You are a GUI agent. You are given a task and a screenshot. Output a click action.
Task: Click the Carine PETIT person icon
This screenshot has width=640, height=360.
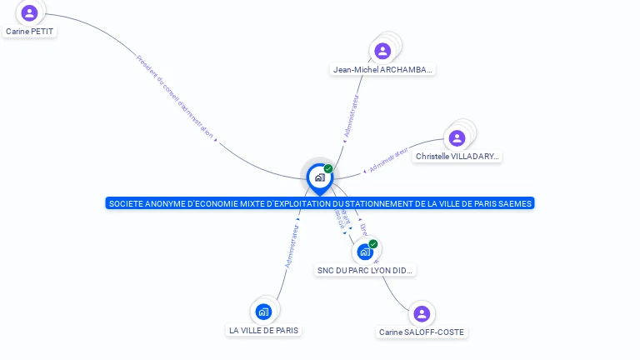pyautogui.click(x=30, y=12)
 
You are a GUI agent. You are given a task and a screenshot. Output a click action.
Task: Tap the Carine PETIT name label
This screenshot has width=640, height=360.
pyautogui.click(x=30, y=32)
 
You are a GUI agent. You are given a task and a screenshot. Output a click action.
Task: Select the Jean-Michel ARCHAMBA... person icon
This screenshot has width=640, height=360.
pyautogui.click(x=382, y=51)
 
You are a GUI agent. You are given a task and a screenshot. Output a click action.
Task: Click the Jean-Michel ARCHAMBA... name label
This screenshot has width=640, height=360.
pyautogui.click(x=383, y=70)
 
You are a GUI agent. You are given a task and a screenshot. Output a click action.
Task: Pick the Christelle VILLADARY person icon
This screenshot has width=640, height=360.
pyautogui.click(x=457, y=137)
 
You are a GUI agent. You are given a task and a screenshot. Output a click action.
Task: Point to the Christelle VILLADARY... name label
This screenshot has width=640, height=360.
pyautogui.click(x=457, y=157)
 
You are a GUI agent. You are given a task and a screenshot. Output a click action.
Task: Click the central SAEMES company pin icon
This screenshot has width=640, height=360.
pyautogui.click(x=319, y=177)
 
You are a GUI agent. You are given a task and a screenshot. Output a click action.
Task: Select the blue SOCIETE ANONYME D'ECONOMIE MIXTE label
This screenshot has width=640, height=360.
pyautogui.click(x=320, y=203)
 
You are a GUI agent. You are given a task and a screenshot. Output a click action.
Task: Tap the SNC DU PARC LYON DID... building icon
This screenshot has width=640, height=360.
pyautogui.click(x=365, y=251)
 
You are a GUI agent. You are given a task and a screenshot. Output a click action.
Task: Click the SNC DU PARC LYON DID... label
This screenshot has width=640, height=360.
pyautogui.click(x=366, y=271)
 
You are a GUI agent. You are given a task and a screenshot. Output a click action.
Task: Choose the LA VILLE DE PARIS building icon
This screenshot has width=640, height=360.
pyautogui.click(x=264, y=312)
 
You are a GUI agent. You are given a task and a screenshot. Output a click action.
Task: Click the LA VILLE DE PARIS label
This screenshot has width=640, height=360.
pyautogui.click(x=263, y=331)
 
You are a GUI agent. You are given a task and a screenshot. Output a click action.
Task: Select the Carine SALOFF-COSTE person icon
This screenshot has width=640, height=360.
pyautogui.click(x=422, y=313)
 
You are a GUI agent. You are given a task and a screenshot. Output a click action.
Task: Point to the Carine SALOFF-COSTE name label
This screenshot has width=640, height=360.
pyautogui.click(x=422, y=332)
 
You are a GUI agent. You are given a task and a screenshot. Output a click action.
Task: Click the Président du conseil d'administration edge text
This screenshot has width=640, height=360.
pyautogui.click(x=175, y=97)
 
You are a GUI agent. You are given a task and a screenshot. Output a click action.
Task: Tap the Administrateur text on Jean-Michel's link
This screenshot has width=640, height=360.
pyautogui.click(x=352, y=115)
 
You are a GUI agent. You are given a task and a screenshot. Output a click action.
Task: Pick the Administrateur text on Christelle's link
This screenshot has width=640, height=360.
pyautogui.click(x=389, y=158)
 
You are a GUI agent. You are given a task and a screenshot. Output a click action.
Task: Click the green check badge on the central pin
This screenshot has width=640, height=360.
pyautogui.click(x=328, y=168)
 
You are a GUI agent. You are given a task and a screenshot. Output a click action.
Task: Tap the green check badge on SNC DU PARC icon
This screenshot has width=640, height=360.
pyautogui.click(x=373, y=243)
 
